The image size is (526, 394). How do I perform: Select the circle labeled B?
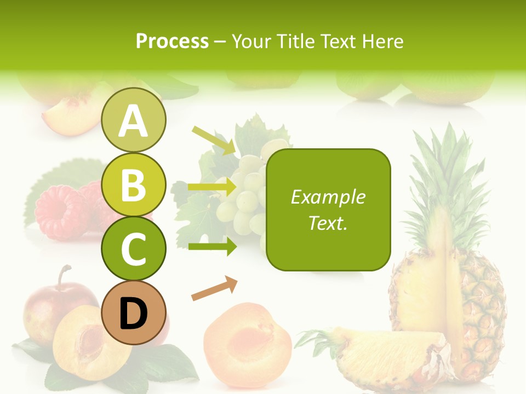click(133, 184)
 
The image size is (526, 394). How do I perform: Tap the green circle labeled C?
click(133, 248)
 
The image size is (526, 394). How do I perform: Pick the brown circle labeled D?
click(133, 312)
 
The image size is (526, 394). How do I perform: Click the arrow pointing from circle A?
click(214, 140)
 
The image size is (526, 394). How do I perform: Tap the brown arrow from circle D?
click(214, 288)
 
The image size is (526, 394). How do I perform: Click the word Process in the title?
click(172, 42)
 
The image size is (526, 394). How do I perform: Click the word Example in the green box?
click(328, 197)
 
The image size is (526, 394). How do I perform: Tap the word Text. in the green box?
click(328, 223)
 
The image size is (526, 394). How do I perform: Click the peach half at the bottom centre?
click(247, 339)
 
